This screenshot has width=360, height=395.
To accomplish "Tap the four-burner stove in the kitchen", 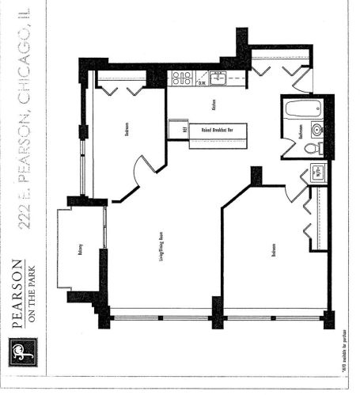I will click(180, 78).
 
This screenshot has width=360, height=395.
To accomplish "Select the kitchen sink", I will click(219, 78).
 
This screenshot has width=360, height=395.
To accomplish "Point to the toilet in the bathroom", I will click(311, 148).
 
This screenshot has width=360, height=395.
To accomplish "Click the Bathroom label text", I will click(301, 131).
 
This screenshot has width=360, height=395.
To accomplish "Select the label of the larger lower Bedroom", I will click(274, 249).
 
